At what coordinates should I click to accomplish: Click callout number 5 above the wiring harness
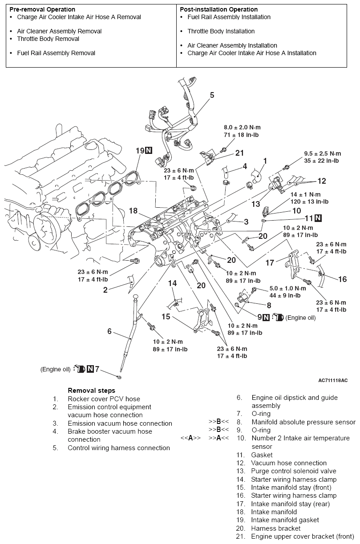tap(212, 95)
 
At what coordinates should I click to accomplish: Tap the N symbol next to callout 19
tap(149, 151)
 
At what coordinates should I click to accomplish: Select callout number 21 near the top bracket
tap(240, 153)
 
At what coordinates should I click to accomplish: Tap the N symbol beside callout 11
tap(318, 218)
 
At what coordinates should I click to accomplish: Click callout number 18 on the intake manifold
tap(133, 210)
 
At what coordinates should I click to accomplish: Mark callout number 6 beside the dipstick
tap(109, 331)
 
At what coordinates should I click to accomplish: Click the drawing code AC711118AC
tap(333, 381)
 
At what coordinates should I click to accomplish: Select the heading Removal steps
tap(91, 391)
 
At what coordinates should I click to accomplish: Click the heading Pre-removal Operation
tap(42, 9)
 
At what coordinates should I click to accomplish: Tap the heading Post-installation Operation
tap(218, 9)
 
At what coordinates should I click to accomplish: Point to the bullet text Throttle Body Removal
tap(48, 39)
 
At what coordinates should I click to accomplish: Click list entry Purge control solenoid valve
tap(293, 471)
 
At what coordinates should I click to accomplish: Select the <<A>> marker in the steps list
tap(190, 438)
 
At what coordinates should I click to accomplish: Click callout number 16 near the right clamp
tap(342, 279)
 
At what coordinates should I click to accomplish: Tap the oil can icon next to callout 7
tap(80, 369)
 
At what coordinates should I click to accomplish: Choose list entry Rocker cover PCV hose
tap(104, 399)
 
